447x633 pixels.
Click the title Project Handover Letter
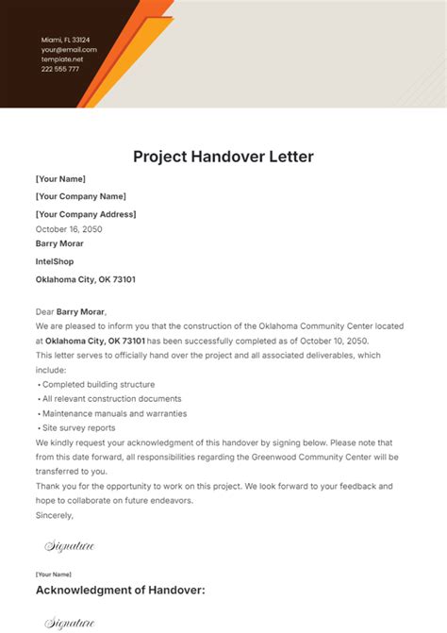point(223,156)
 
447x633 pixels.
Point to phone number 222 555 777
point(60,69)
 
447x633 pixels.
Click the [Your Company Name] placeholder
point(80,196)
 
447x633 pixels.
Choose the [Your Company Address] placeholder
point(85,214)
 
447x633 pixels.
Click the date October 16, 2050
point(69,229)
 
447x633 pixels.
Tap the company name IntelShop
point(55,261)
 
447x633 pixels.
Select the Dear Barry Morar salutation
point(72,312)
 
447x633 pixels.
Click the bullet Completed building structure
point(98,384)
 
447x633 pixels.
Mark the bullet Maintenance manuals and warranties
point(114,413)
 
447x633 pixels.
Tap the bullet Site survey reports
point(78,427)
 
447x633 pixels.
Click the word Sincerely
point(55,515)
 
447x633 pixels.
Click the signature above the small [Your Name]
point(70,546)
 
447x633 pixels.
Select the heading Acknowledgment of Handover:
point(120,591)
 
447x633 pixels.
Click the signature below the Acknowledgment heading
point(70,623)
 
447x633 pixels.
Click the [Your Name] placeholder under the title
point(60,178)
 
